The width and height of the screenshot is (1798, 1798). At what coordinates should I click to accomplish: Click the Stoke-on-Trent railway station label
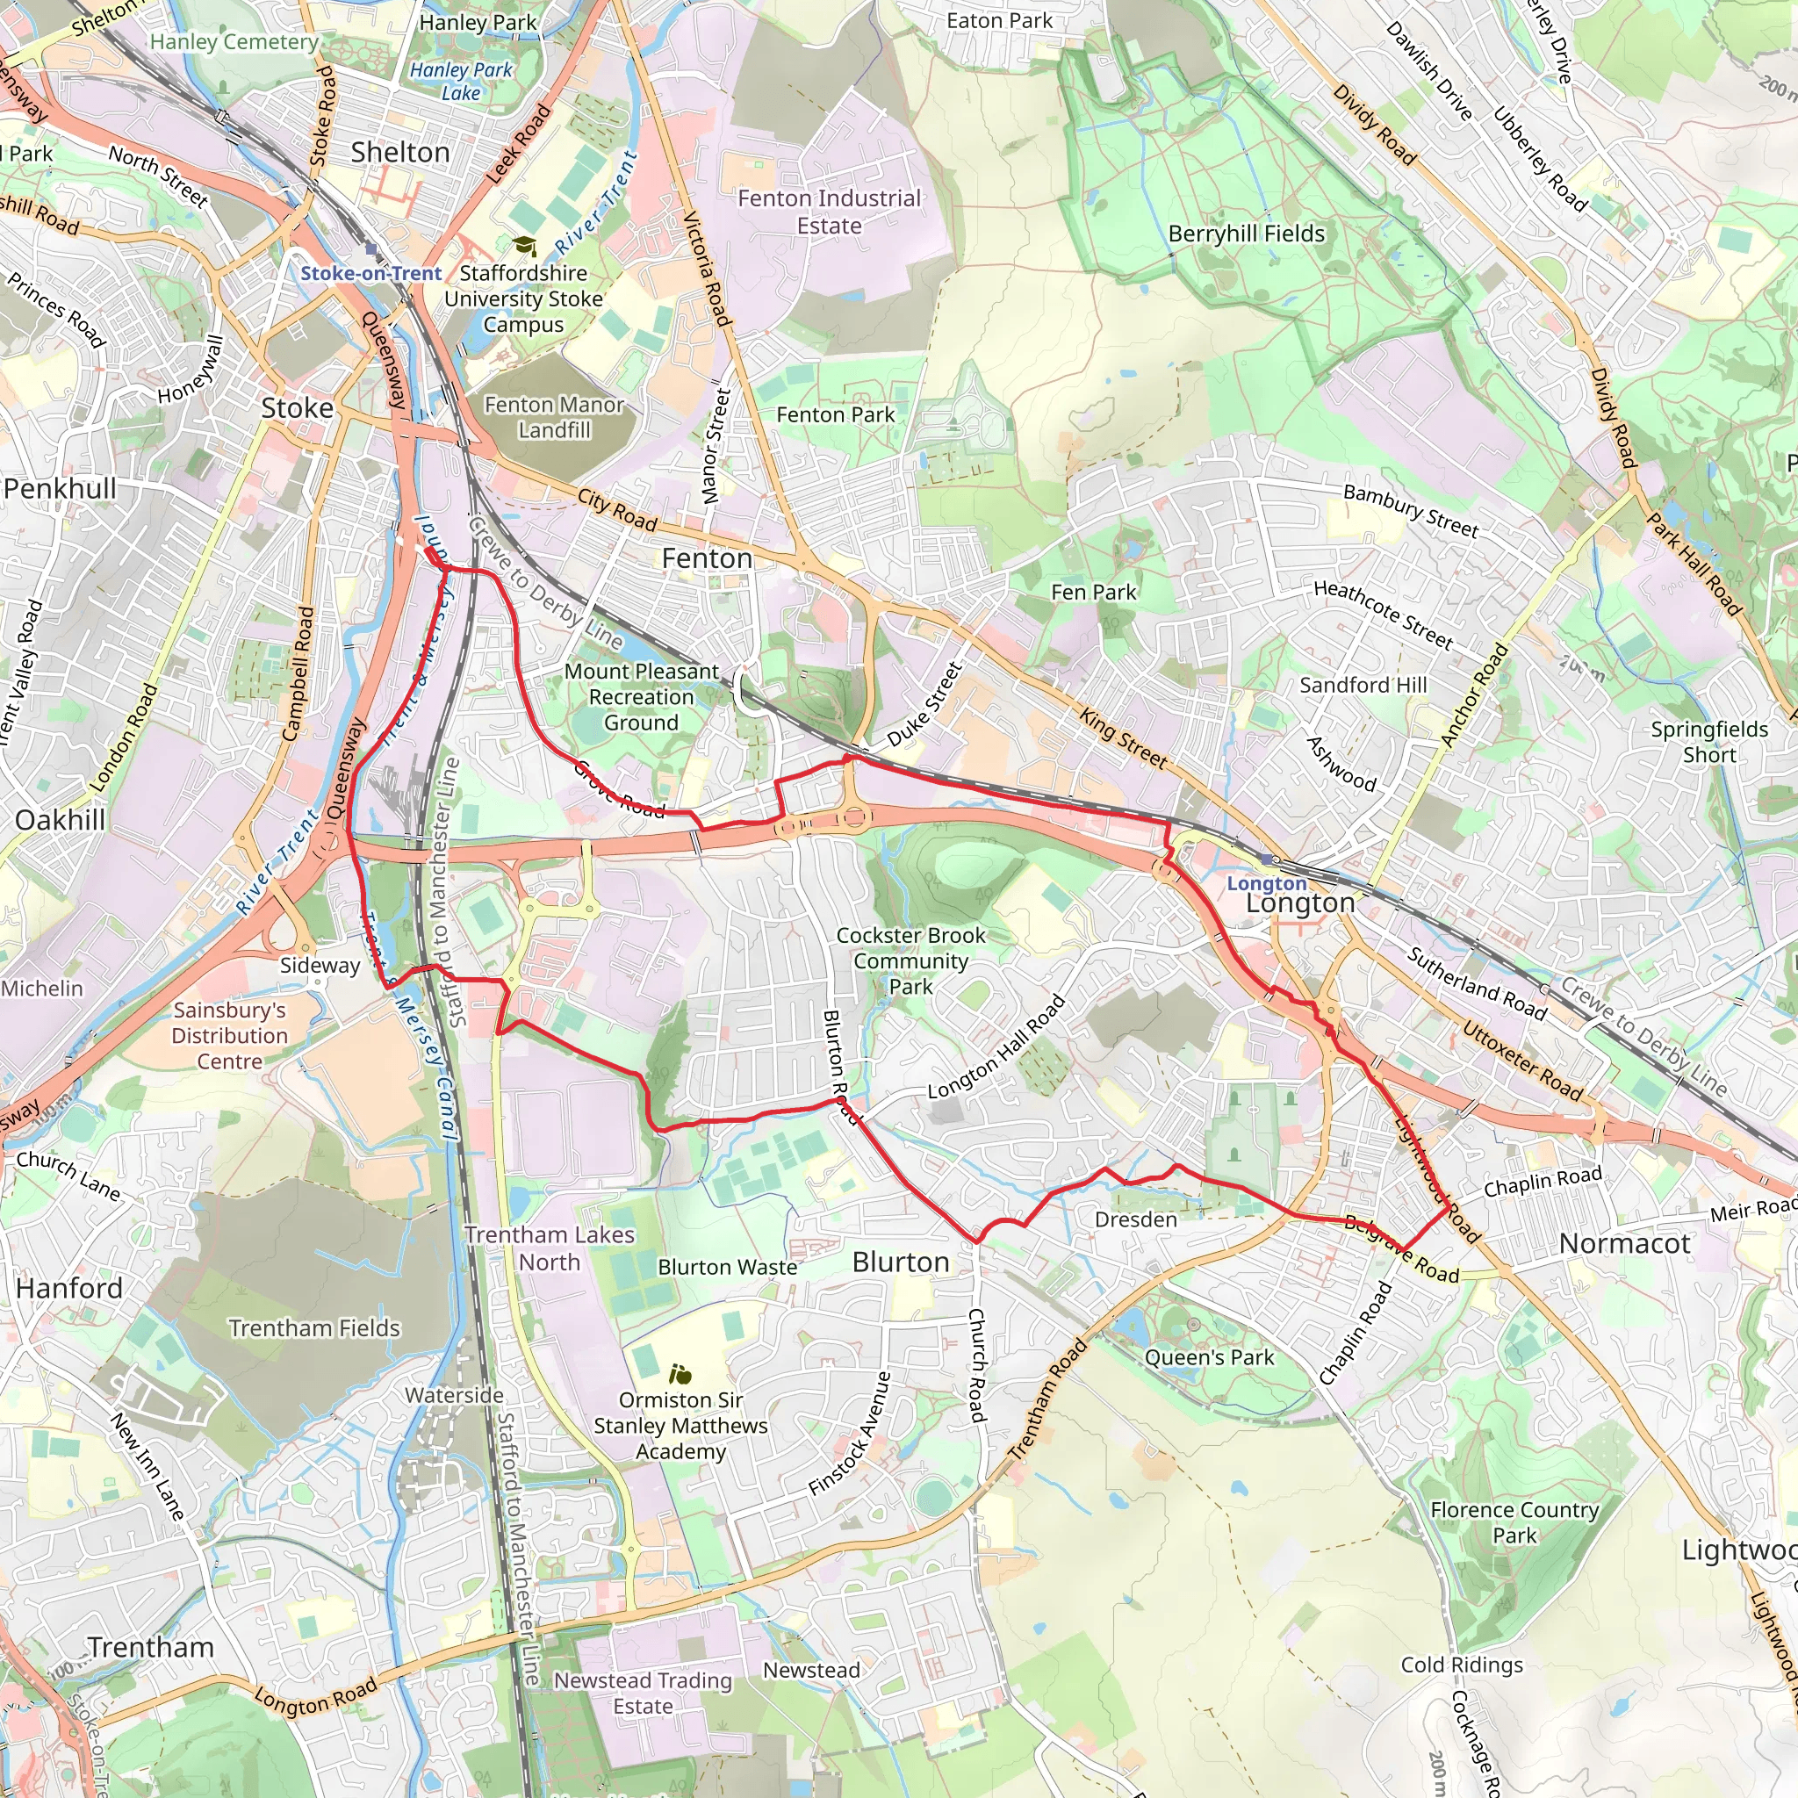tap(370, 274)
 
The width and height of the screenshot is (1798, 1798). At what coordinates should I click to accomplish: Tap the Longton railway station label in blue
tap(1267, 883)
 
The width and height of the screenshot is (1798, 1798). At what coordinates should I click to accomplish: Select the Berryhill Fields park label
tap(1246, 234)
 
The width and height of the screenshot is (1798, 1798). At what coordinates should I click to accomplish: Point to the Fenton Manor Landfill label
tap(554, 417)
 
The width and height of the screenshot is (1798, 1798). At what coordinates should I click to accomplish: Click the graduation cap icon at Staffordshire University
tap(525, 246)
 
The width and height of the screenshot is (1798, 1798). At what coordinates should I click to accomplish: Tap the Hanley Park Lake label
tap(462, 81)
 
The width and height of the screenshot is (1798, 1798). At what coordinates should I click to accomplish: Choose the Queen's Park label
tap(1209, 1358)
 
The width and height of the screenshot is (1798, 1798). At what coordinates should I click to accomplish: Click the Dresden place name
tap(1135, 1219)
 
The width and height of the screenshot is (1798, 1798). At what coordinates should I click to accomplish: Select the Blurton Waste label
tap(727, 1268)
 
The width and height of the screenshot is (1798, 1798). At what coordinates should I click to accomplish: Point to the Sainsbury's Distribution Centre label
tap(229, 1036)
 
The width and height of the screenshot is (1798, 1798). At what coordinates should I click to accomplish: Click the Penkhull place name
tap(61, 489)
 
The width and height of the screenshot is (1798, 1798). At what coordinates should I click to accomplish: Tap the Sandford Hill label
tap(1363, 685)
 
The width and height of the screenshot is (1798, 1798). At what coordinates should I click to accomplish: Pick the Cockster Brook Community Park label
tap(910, 960)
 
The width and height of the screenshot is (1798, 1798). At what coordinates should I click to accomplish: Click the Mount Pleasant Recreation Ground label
tap(641, 696)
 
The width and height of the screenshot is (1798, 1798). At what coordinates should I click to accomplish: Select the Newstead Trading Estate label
tap(643, 1693)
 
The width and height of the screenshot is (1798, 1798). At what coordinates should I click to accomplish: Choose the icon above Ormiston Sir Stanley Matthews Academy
tap(680, 1374)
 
